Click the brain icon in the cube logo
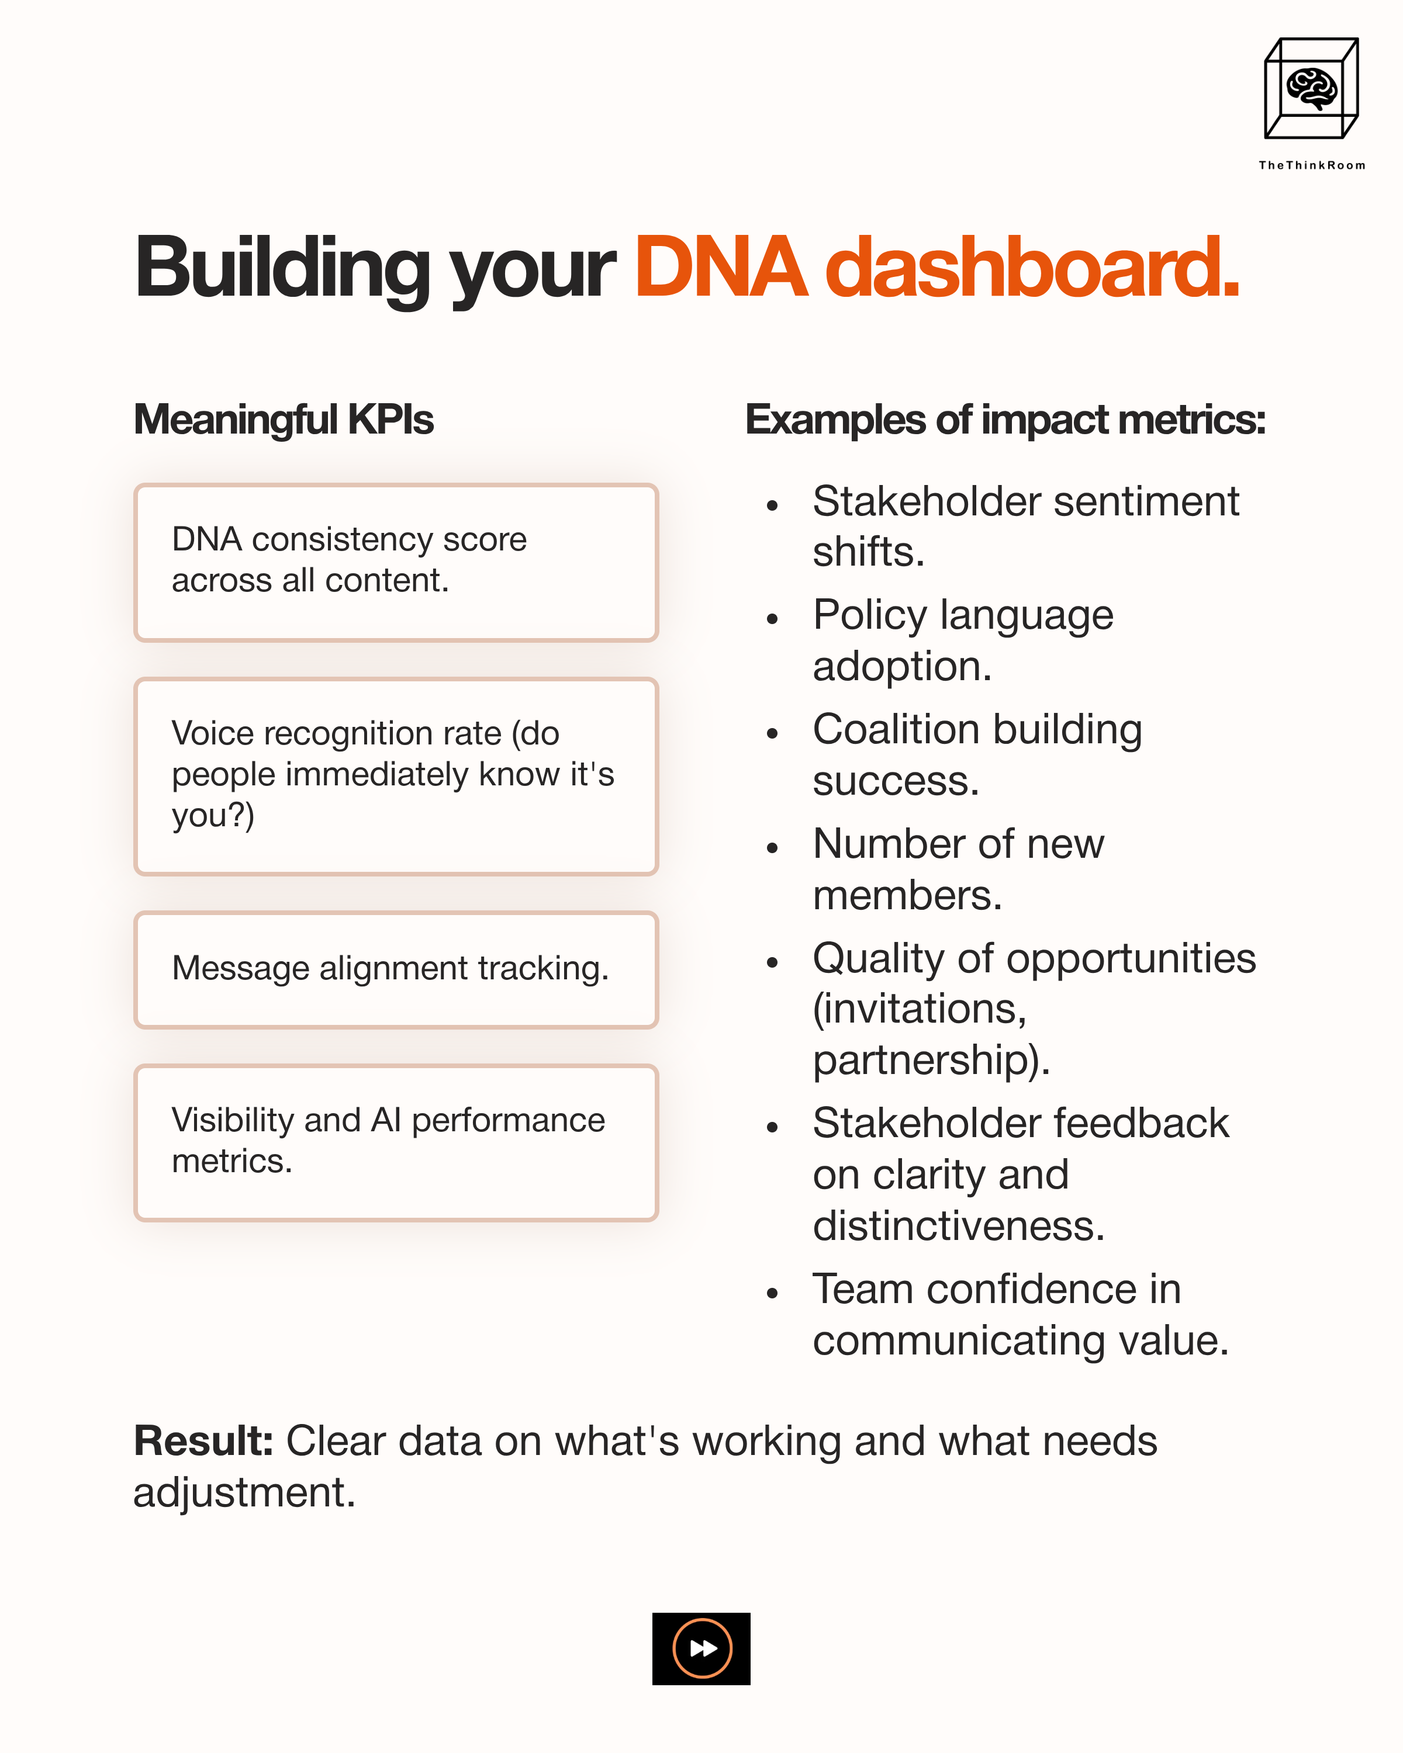(x=1310, y=88)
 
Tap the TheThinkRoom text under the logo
(x=1311, y=165)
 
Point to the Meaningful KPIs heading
(x=283, y=420)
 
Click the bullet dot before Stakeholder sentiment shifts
(x=772, y=505)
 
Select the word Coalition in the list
(x=896, y=729)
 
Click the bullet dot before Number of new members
(x=772, y=848)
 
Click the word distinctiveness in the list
(x=958, y=1226)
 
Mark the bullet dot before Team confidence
(x=772, y=1293)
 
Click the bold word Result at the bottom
(x=202, y=1442)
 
